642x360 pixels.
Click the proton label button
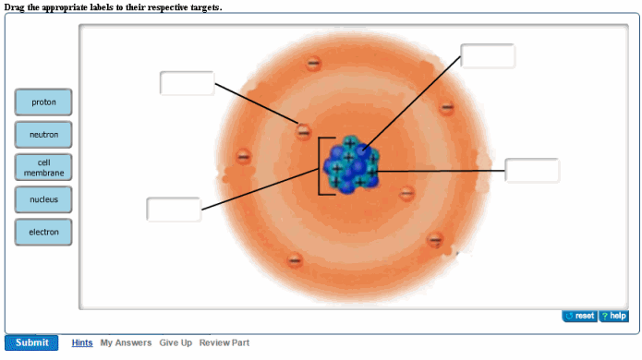coord(42,102)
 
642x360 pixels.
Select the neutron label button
coord(42,135)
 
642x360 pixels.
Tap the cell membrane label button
coord(42,167)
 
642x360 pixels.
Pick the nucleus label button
coord(42,199)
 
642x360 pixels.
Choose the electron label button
coord(42,232)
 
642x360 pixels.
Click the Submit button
coord(31,342)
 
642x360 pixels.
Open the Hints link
coord(82,342)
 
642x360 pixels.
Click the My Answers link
coord(126,342)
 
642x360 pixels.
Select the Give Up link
coord(176,342)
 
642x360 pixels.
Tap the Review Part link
coord(224,342)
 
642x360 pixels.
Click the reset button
coord(580,317)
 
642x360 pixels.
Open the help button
coord(613,317)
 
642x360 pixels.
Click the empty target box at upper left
coord(187,83)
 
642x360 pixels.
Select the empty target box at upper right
coord(488,55)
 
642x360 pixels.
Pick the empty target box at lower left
coord(174,209)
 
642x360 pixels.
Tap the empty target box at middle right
coord(532,171)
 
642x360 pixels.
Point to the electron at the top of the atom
coord(314,63)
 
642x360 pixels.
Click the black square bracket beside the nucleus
coord(321,166)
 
